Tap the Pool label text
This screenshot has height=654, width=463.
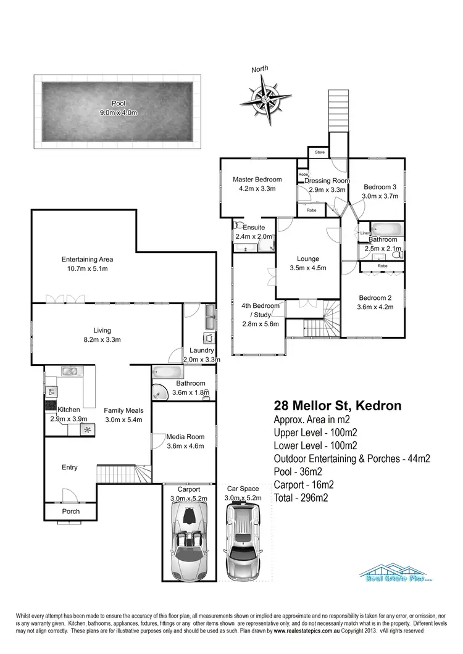(118, 103)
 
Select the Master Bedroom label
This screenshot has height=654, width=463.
(257, 180)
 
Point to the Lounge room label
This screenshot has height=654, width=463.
(307, 259)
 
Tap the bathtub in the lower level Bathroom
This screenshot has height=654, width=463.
(167, 373)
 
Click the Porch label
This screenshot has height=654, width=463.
(71, 511)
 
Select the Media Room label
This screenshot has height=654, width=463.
(185, 437)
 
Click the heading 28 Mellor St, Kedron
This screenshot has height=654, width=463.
(337, 406)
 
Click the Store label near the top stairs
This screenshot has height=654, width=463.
(320, 151)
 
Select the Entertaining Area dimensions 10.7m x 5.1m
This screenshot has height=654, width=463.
(87, 268)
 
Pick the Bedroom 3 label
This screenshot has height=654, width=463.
(379, 187)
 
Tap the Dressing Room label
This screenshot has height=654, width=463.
(327, 181)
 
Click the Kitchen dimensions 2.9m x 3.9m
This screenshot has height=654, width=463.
(69, 419)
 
